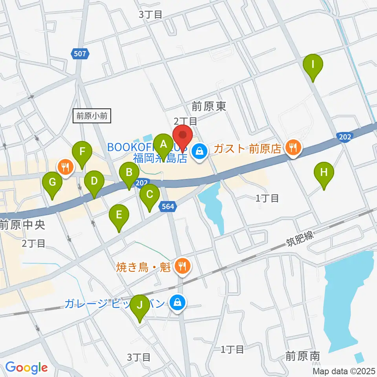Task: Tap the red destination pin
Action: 183,136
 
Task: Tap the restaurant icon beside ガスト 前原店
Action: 293,148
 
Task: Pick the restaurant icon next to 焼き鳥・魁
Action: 181,267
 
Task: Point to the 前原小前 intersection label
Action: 92,116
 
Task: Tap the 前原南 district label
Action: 302,356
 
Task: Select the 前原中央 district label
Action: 22,225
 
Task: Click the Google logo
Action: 26,368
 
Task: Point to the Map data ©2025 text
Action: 344,371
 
